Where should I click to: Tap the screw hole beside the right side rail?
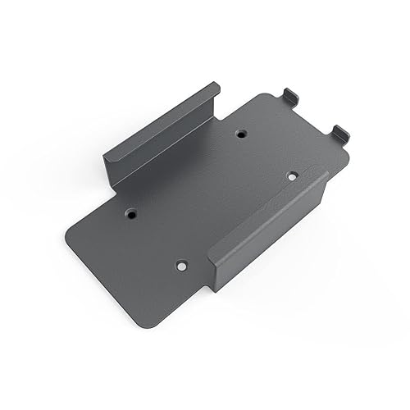(x=291, y=175)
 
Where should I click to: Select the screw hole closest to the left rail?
(x=131, y=212)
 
